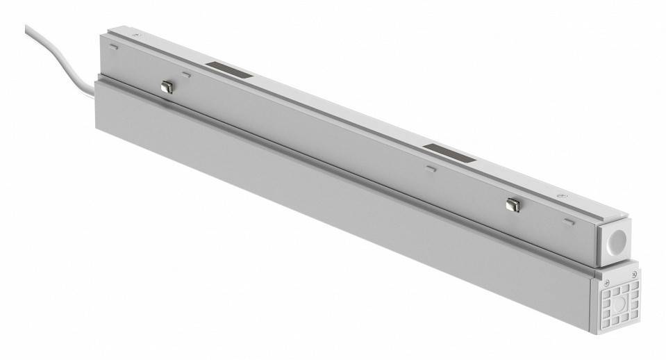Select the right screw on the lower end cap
635,274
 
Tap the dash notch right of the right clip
569,222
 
